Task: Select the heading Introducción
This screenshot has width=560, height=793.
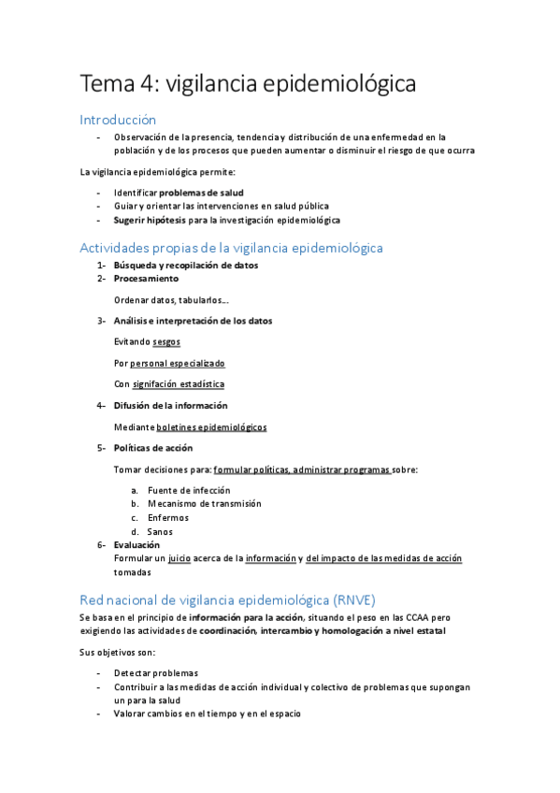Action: (x=117, y=120)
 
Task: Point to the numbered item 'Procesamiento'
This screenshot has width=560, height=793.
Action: (x=146, y=279)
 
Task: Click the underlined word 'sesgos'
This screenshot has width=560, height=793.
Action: (x=166, y=341)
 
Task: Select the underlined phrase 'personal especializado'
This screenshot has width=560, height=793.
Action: (x=178, y=363)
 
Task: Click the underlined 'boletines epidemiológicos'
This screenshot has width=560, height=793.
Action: (x=211, y=426)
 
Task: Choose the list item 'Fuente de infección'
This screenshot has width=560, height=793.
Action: (x=189, y=490)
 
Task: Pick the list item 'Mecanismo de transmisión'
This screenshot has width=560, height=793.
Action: (x=205, y=503)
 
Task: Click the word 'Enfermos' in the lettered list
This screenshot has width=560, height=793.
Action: (x=168, y=517)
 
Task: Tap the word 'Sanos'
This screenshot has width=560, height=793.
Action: (x=160, y=531)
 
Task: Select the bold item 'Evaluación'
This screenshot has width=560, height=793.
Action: (x=136, y=544)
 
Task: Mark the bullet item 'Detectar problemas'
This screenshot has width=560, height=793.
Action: (x=155, y=672)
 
